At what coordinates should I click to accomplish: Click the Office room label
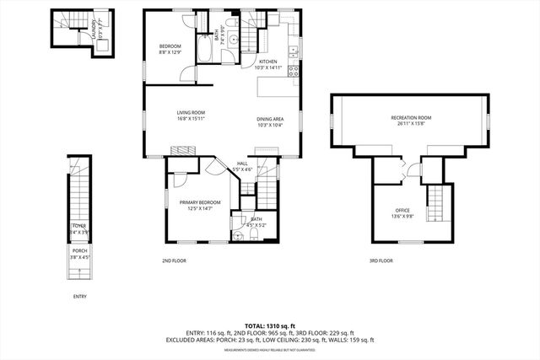point(402,212)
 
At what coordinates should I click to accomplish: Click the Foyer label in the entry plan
point(78,228)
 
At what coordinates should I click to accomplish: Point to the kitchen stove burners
point(294,70)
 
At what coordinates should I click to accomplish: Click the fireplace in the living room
point(183,151)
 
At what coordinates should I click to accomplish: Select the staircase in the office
point(435,204)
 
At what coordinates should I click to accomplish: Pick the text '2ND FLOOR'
point(174,261)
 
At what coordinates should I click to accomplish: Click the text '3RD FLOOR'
point(381,261)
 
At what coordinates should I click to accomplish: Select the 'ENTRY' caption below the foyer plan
point(79,296)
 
